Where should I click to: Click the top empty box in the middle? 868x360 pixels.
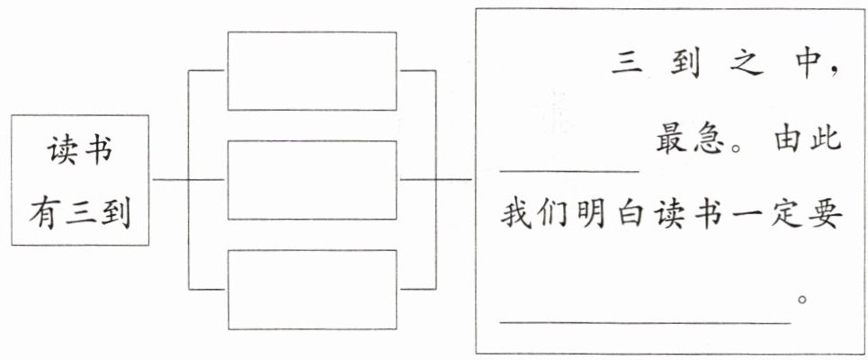pos(312,71)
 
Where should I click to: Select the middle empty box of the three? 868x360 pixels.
pos(312,180)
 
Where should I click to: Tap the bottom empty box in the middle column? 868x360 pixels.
pos(312,290)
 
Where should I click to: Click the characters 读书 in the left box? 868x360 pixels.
pos(80,151)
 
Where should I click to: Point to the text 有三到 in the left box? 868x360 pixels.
pos(80,214)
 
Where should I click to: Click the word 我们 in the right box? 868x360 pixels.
pos(535,214)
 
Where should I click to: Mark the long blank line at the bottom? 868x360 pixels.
pos(645,322)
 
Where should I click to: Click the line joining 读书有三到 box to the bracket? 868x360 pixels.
pos(171,179)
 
